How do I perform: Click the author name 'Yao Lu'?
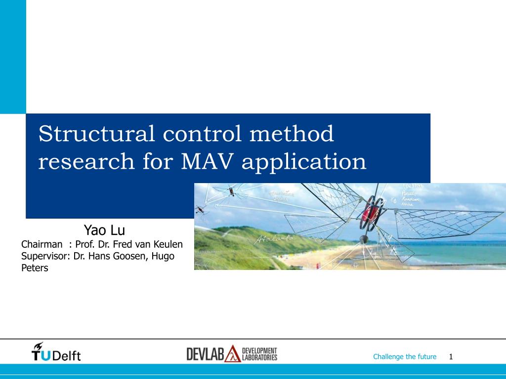[104, 230]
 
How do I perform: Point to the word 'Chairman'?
[42, 244]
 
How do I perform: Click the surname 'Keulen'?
[169, 244]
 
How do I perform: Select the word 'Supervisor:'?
[46, 256]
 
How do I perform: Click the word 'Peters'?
[35, 268]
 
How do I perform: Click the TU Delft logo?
[56, 352]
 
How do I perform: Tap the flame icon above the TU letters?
[38, 345]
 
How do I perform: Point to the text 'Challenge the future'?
[405, 357]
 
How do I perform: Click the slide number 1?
[451, 357]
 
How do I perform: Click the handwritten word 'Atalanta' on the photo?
[275, 239]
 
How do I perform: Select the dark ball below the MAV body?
[364, 239]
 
